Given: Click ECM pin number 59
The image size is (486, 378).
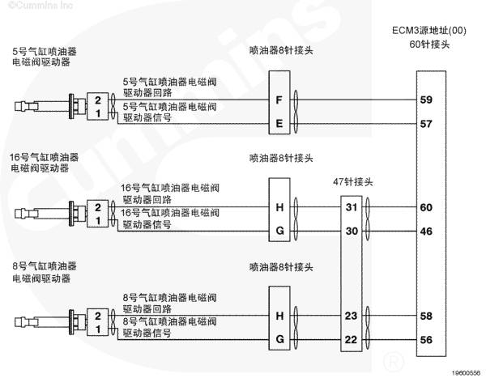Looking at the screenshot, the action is (426, 100).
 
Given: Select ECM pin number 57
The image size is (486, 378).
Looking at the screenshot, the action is (426, 124).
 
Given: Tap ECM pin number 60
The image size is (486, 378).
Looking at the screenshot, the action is (426, 207).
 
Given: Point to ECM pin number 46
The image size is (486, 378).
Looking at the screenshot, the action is (426, 231).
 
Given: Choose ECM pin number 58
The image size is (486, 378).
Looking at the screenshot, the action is (426, 316).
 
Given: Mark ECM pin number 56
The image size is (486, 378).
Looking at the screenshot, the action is (426, 340).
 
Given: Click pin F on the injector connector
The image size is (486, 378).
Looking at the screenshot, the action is (279, 100).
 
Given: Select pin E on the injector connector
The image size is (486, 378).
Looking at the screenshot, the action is (279, 124).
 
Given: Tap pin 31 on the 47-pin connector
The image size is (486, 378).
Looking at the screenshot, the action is (352, 207).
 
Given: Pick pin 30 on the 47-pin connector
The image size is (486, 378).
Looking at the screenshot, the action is (352, 231).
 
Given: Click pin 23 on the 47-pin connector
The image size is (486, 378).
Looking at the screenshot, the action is (352, 316).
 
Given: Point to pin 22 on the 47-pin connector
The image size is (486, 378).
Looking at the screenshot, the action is (352, 340).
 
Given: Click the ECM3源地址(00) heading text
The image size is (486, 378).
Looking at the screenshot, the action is (429, 31).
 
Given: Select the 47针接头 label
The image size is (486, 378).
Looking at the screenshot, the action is (353, 181).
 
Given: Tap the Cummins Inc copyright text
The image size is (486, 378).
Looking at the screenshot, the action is (40, 6).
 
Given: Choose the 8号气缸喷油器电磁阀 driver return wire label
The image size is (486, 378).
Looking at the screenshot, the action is (169, 304).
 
